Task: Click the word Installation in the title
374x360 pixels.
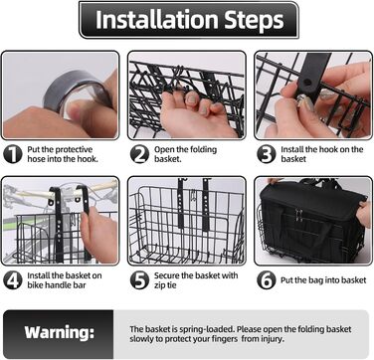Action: click(x=157, y=20)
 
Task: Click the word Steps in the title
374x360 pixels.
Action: click(x=255, y=21)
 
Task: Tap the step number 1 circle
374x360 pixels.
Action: click(x=13, y=154)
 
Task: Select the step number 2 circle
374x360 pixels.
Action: click(x=139, y=154)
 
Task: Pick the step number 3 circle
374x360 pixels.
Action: click(x=267, y=154)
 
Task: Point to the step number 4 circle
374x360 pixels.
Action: click(x=13, y=280)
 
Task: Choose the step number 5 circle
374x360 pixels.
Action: click(x=139, y=280)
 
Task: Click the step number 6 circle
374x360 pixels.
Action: click(x=267, y=280)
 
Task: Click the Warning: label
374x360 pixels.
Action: click(x=60, y=332)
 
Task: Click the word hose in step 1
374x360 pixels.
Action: click(x=37, y=159)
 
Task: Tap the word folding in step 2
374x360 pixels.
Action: click(x=202, y=149)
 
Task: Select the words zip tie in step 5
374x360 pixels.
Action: click(x=165, y=285)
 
